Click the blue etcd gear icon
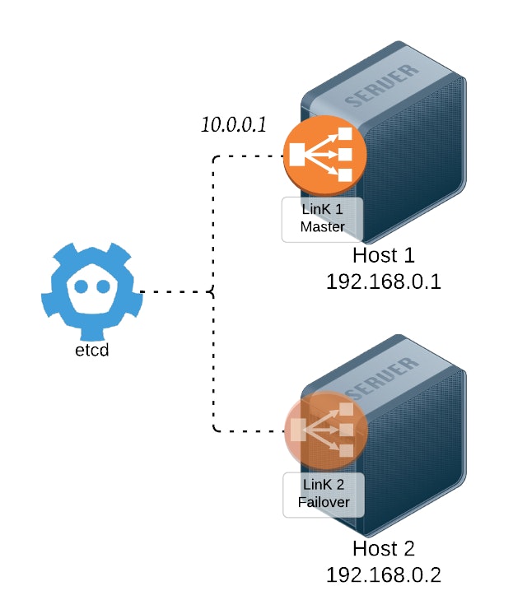[92, 293]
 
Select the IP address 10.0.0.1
[235, 126]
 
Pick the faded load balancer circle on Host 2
[324, 430]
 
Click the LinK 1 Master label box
[321, 220]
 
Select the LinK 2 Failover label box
[323, 495]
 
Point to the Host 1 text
[384, 255]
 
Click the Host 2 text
[384, 549]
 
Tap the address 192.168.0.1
[384, 282]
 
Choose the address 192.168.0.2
[384, 574]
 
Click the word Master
[322, 227]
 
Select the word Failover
[323, 502]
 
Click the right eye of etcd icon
[104, 287]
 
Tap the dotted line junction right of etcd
[213, 291]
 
